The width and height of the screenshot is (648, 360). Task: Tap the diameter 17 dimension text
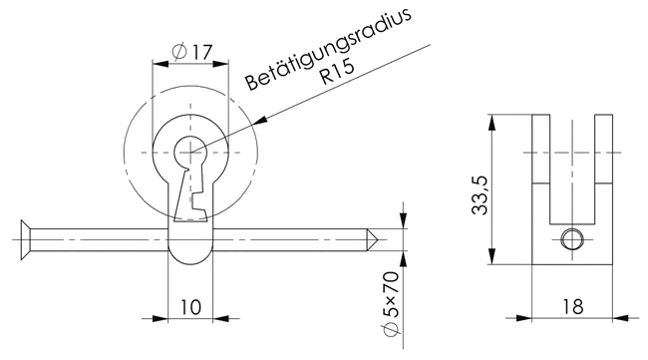(191, 52)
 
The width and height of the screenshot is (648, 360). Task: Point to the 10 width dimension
(191, 307)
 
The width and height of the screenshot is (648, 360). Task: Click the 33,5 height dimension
(480, 195)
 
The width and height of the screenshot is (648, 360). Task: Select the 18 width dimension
(572, 307)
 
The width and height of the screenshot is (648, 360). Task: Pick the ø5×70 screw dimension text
(391, 304)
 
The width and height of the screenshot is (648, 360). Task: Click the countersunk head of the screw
(26, 239)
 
